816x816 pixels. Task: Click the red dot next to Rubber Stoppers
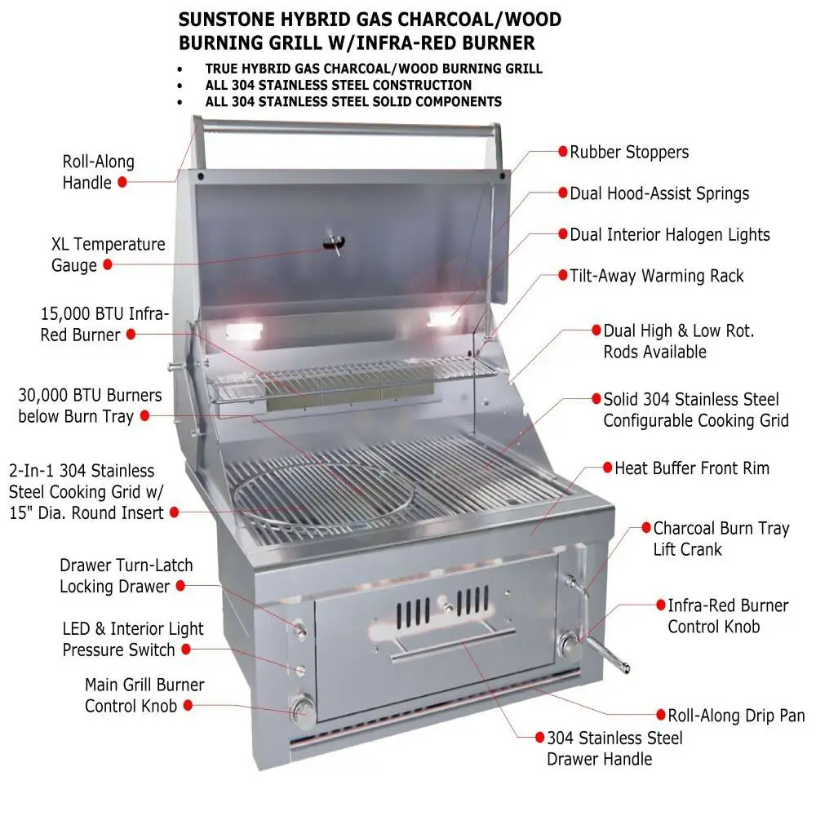(562, 152)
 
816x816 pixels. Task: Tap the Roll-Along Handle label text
(98, 172)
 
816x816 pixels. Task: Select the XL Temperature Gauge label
(108, 254)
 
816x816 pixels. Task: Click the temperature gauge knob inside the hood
(332, 242)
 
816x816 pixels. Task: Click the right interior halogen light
(444, 319)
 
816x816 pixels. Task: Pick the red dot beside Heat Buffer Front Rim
(607, 468)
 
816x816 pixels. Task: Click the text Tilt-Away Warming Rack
(656, 276)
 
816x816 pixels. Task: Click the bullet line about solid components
(353, 102)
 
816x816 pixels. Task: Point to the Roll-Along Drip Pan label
(736, 716)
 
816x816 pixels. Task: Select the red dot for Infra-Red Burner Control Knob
(661, 605)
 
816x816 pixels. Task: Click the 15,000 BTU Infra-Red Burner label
(104, 324)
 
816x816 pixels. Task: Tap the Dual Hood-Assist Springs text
(659, 193)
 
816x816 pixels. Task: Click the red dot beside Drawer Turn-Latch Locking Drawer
(180, 585)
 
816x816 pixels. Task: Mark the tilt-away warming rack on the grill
(351, 379)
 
